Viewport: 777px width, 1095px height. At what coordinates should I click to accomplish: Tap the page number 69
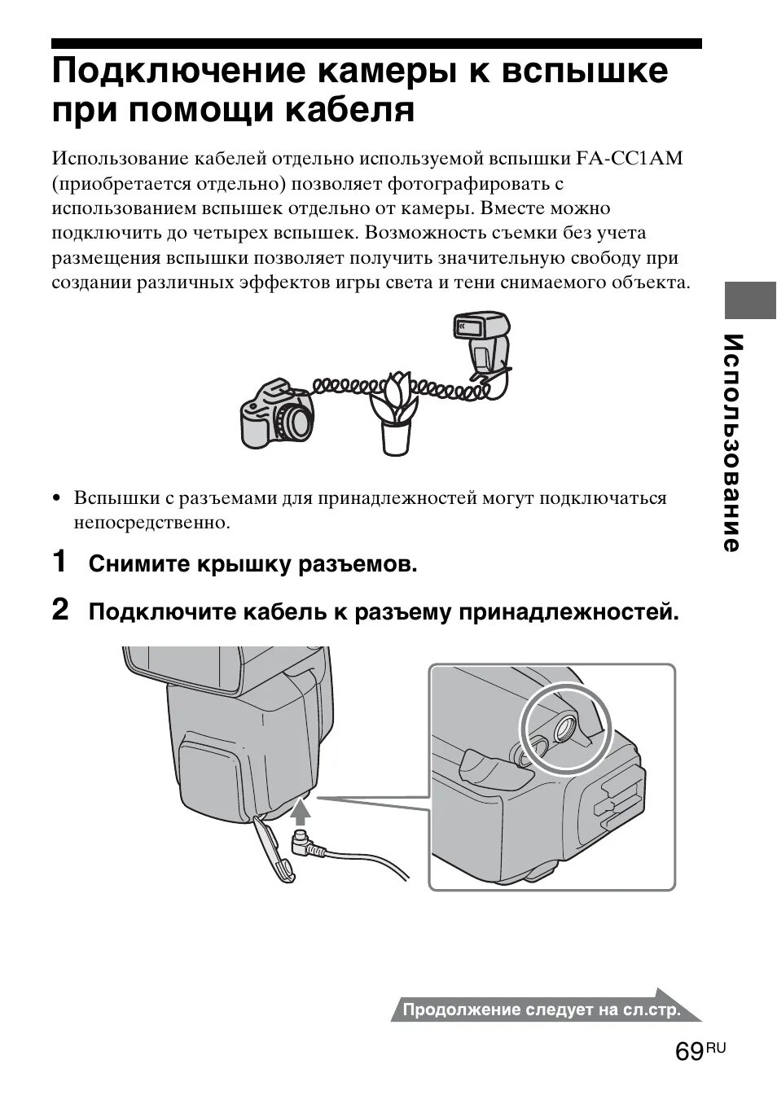tap(689, 1052)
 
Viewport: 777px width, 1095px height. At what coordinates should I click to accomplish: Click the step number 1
tap(60, 562)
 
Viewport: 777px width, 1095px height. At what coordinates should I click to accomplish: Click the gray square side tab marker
tap(750, 300)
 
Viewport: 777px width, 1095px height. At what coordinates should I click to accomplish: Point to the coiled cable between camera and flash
tap(358, 383)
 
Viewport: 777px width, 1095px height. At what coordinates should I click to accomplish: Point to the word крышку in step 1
tap(241, 563)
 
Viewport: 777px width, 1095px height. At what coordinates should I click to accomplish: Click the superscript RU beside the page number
tap(715, 1047)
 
